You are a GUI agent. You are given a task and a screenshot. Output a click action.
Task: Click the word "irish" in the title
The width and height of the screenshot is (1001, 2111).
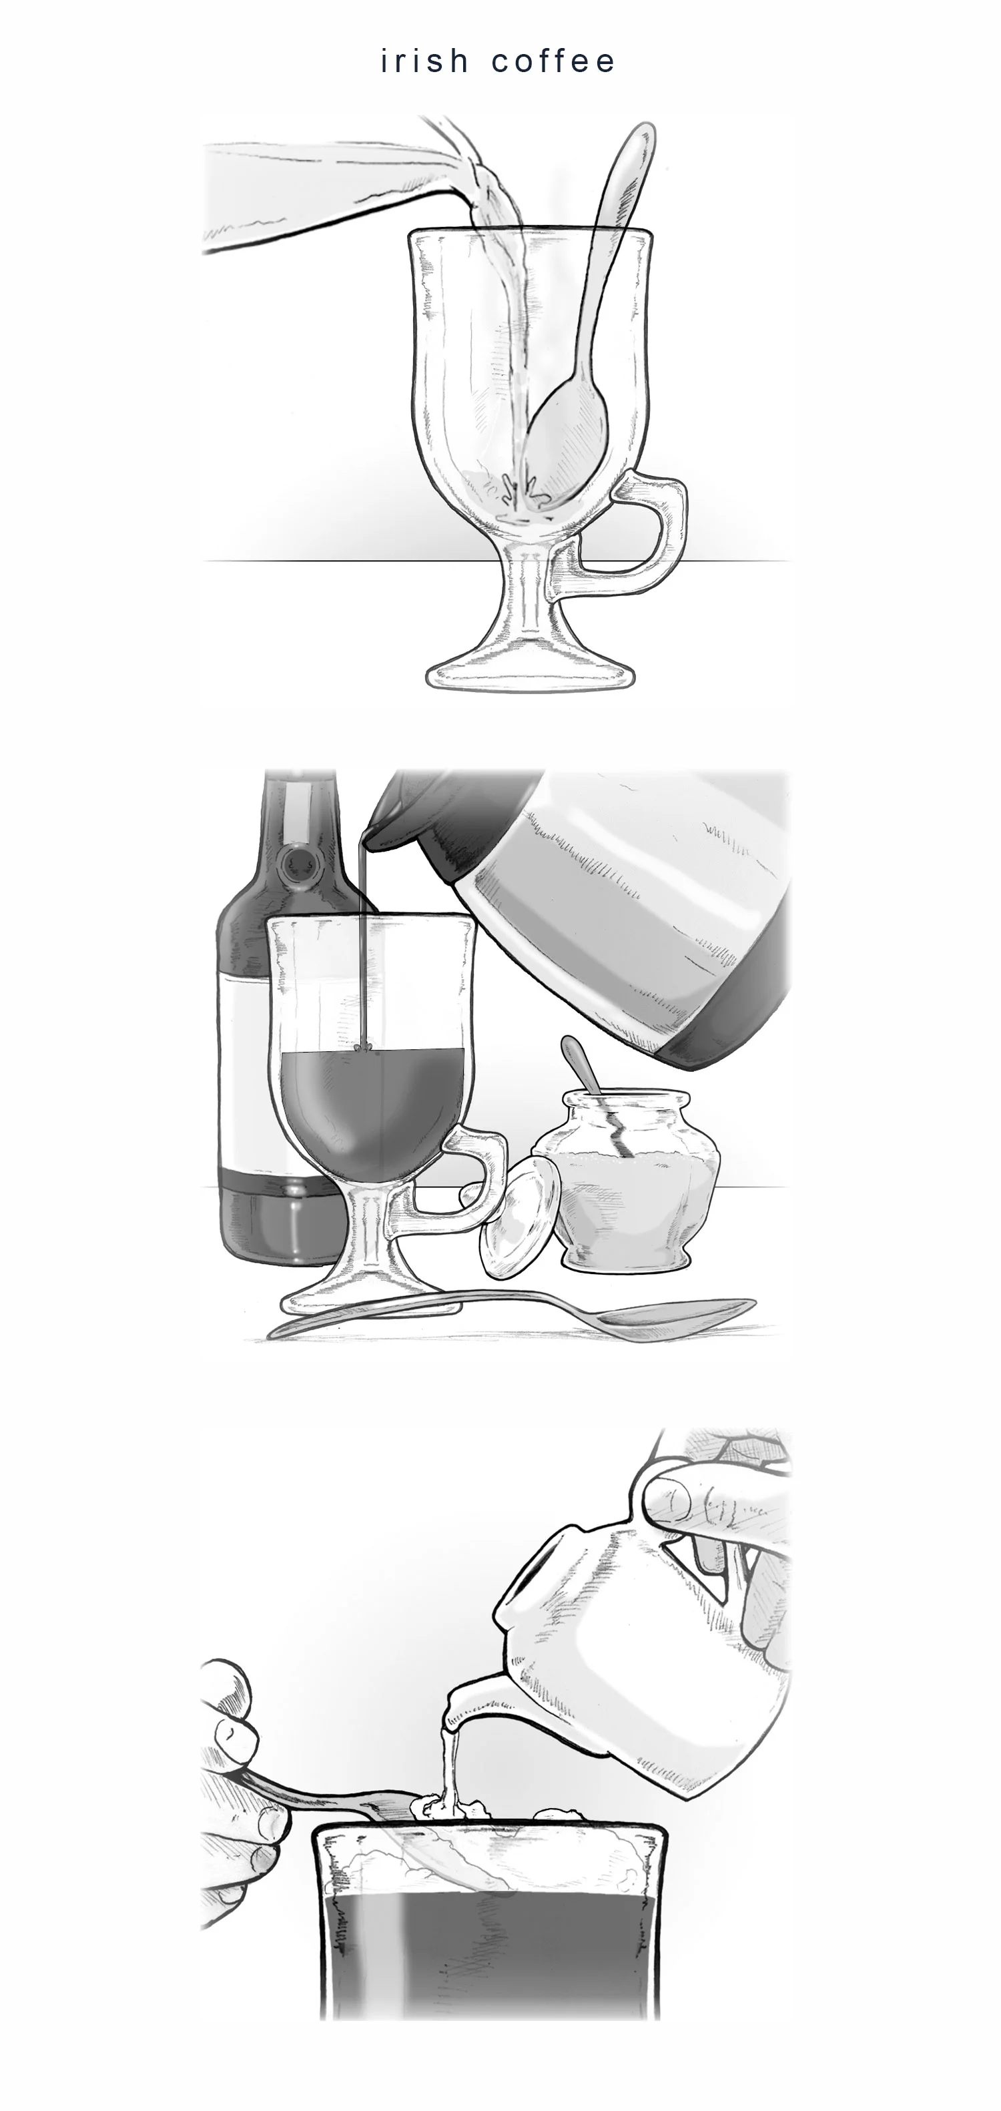pos(424,61)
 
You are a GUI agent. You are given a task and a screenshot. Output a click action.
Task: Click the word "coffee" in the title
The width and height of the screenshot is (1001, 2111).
pos(553,61)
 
